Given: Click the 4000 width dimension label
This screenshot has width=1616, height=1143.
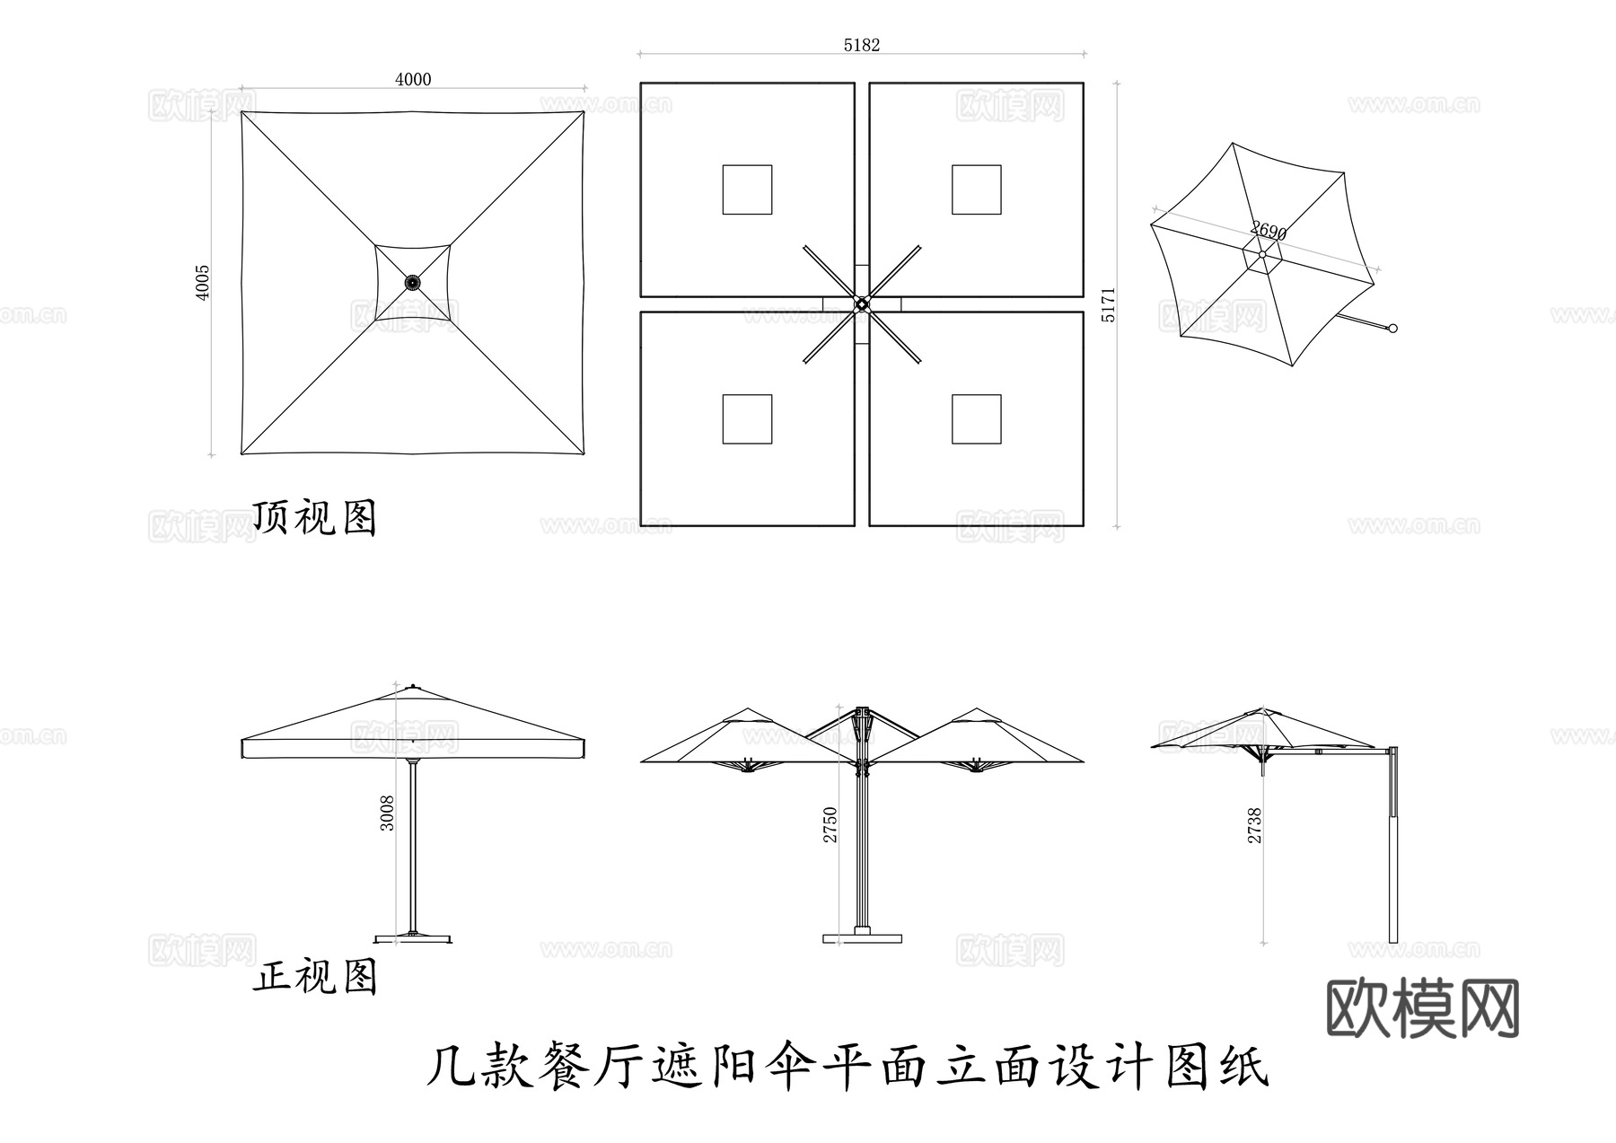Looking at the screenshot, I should [413, 79].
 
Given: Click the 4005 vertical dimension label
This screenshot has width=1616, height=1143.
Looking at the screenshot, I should [203, 282].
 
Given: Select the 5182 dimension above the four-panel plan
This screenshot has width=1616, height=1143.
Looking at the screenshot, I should [861, 45].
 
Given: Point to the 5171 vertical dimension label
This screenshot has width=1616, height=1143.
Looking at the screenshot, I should [1109, 305].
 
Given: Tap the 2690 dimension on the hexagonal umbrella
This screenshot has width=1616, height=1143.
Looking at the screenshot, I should [1269, 232].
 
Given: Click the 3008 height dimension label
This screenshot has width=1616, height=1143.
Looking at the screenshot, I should [387, 813].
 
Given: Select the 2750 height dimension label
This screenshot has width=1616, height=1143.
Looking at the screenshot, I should [830, 824].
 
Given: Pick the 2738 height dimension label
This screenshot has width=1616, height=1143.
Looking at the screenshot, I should [1255, 825].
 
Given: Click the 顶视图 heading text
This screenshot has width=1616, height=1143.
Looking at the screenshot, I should [314, 517].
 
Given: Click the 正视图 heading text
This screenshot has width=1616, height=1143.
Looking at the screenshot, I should [314, 976].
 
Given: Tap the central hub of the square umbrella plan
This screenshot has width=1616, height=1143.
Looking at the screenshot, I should [413, 283].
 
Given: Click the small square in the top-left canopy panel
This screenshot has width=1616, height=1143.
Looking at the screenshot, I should [747, 189].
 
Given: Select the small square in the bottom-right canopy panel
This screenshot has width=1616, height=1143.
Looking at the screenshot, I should [976, 418].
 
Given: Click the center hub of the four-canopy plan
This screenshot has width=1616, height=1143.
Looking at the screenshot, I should [862, 304].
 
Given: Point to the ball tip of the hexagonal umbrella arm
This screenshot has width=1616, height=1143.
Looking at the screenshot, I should [1393, 329].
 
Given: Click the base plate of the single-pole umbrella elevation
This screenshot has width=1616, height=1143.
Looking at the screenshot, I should [413, 938].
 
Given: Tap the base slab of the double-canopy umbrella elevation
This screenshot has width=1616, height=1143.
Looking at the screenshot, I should [862, 938].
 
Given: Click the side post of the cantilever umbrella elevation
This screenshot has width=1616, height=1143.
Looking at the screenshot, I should [1393, 844].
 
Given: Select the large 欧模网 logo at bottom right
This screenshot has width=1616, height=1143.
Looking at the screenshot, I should [1422, 1008].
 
